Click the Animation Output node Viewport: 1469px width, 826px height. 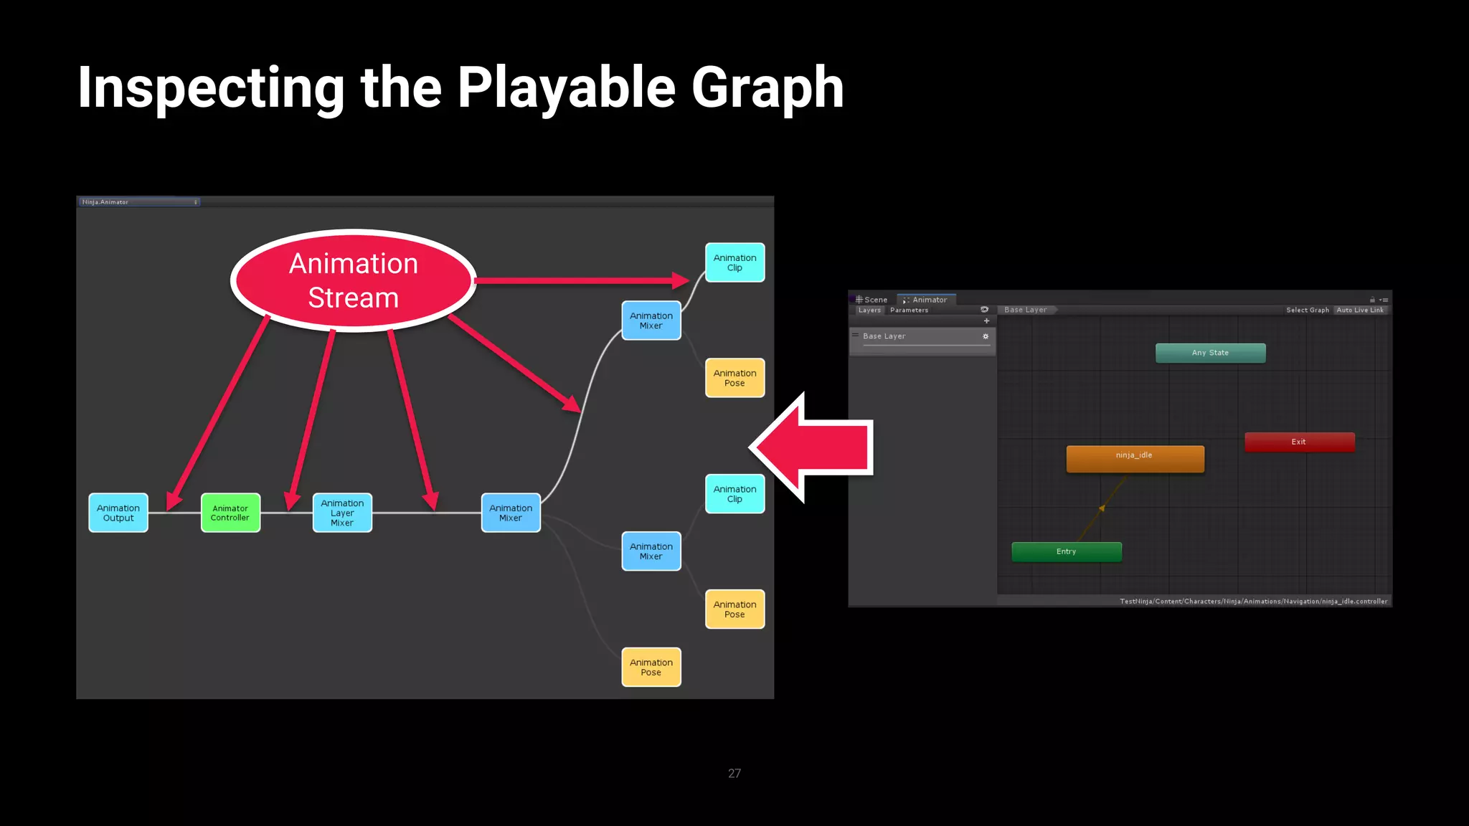[x=118, y=513]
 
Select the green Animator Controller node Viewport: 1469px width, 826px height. [x=230, y=513]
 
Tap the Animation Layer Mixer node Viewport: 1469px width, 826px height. [x=342, y=513]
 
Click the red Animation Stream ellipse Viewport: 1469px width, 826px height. [x=353, y=280]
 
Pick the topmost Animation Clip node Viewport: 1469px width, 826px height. [x=734, y=262]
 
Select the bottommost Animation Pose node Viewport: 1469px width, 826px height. [x=651, y=667]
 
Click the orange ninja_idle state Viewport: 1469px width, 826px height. [x=1135, y=459]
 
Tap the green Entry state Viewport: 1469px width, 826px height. [x=1066, y=551]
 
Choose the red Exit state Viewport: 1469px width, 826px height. [x=1299, y=442]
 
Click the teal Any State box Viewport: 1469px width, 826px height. [x=1210, y=353]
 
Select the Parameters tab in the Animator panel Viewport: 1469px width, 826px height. [x=909, y=310]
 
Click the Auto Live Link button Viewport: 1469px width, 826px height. [x=1360, y=310]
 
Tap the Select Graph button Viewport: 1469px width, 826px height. [x=1307, y=310]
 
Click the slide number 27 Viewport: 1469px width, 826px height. [x=734, y=773]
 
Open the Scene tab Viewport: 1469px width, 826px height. [x=872, y=300]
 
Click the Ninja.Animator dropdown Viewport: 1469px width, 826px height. [x=139, y=202]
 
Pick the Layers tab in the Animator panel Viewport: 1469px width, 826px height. [x=869, y=310]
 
